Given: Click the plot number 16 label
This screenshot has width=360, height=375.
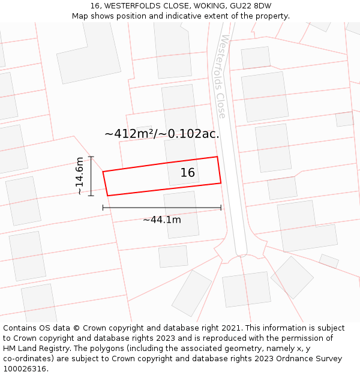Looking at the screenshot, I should [x=188, y=173].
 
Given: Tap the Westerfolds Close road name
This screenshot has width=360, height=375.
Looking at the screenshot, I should [x=221, y=76].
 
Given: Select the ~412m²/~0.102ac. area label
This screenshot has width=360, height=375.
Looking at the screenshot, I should [x=162, y=134].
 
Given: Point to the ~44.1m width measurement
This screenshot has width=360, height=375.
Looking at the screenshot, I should [x=162, y=220].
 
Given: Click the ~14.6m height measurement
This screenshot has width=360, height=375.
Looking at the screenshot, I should [x=80, y=176].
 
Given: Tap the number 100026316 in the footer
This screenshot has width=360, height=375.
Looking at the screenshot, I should [x=25, y=368].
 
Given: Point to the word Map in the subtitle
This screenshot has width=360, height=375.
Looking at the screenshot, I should [x=80, y=16].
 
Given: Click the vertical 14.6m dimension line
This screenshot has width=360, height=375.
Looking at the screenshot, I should [x=91, y=176].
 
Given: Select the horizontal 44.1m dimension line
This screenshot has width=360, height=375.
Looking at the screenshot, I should [x=162, y=208].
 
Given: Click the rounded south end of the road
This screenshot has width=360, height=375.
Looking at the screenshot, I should [x=241, y=251].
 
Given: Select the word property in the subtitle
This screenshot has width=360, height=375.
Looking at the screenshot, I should [x=272, y=16].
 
